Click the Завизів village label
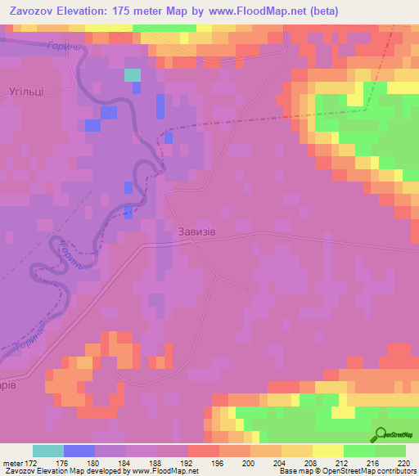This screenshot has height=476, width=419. [x=196, y=231]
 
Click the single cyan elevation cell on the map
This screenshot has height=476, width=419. [x=132, y=75]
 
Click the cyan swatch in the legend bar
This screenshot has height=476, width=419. [x=48, y=451]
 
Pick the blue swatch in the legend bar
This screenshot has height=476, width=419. [x=79, y=451]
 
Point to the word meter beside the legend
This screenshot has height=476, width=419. [x=11, y=463]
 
